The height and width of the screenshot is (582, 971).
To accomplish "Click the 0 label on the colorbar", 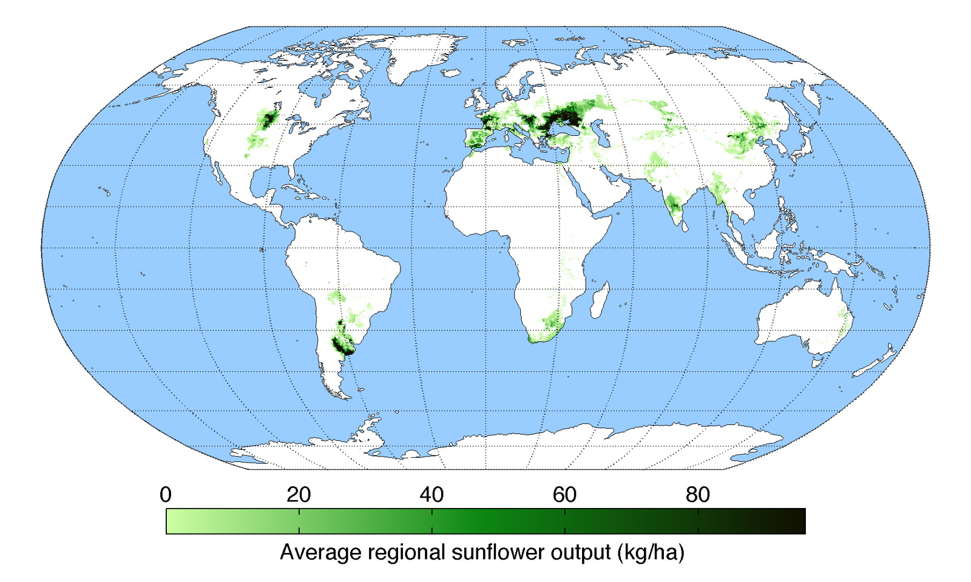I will point(166,495).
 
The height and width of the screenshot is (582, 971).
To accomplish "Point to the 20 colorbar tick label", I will point(299,495).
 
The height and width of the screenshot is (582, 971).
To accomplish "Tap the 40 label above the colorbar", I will point(431,495).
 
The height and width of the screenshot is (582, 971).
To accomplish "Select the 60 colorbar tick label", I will point(564,495).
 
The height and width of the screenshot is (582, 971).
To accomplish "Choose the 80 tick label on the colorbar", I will point(698,495).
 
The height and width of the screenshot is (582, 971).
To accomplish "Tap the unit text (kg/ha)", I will point(651,552).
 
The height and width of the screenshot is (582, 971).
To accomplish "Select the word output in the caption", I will point(583,552).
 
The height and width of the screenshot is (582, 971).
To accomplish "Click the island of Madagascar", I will point(600,301).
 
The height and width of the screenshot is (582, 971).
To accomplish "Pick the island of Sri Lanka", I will point(684,225).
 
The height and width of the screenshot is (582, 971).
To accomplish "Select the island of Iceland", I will point(451,73).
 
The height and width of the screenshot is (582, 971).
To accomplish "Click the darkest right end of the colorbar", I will point(799,521).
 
